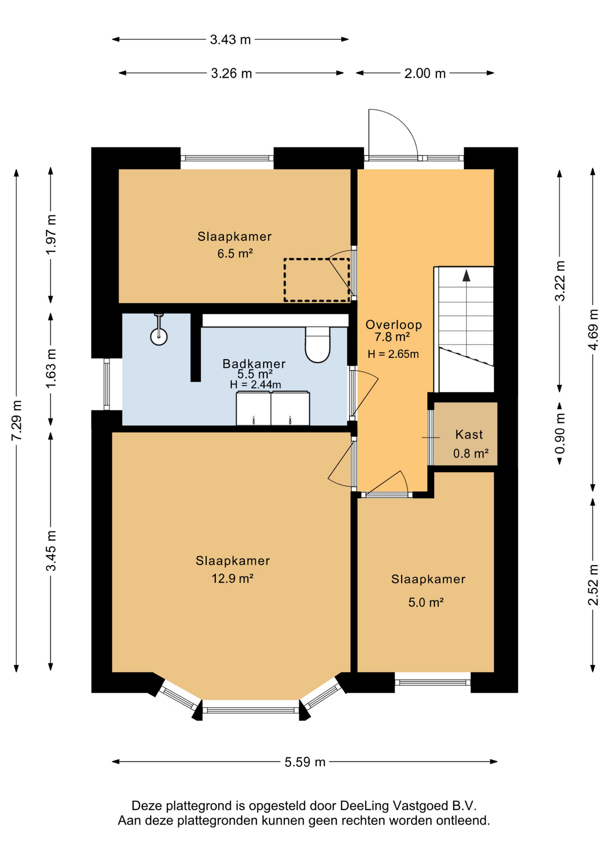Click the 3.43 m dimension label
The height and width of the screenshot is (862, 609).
tap(230, 40)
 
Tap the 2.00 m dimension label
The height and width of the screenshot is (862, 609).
tap(425, 73)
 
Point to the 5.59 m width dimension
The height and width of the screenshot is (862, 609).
tap(304, 762)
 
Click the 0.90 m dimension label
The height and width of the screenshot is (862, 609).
tap(560, 434)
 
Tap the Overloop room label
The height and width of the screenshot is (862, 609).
tap(394, 325)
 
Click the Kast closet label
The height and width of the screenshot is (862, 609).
tap(469, 435)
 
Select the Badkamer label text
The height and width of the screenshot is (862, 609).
tap(254, 364)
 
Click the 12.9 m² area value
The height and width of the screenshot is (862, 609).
tap(232, 578)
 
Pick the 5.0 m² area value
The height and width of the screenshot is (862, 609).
tap(426, 602)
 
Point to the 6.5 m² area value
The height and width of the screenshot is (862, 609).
tap(235, 254)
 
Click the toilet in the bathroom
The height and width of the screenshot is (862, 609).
tap(318, 344)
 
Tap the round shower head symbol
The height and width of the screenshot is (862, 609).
tap(159, 336)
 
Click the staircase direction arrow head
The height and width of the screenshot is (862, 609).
tap(466, 276)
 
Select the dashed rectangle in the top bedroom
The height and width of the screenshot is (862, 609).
tap(317, 280)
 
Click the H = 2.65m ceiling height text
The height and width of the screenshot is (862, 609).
tap(393, 354)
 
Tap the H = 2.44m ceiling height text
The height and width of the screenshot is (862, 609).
tap(256, 384)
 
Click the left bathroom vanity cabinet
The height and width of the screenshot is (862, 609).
tap(253, 408)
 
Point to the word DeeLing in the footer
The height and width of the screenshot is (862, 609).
tap(364, 806)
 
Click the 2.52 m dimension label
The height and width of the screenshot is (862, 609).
tap(593, 585)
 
